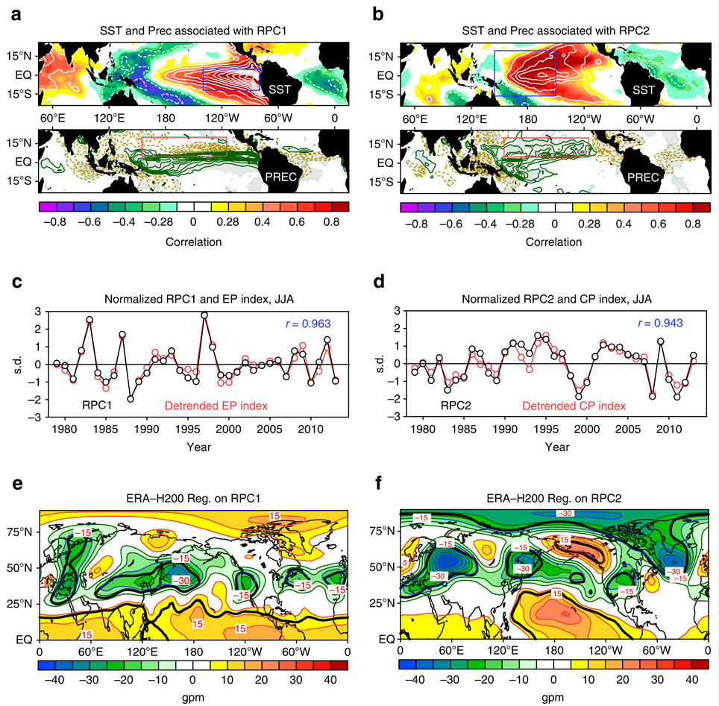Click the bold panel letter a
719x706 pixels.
[x=12, y=12]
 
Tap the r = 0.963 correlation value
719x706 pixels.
[x=306, y=323]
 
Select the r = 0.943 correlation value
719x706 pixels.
[x=661, y=323]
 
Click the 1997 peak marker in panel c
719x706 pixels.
[x=204, y=315]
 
